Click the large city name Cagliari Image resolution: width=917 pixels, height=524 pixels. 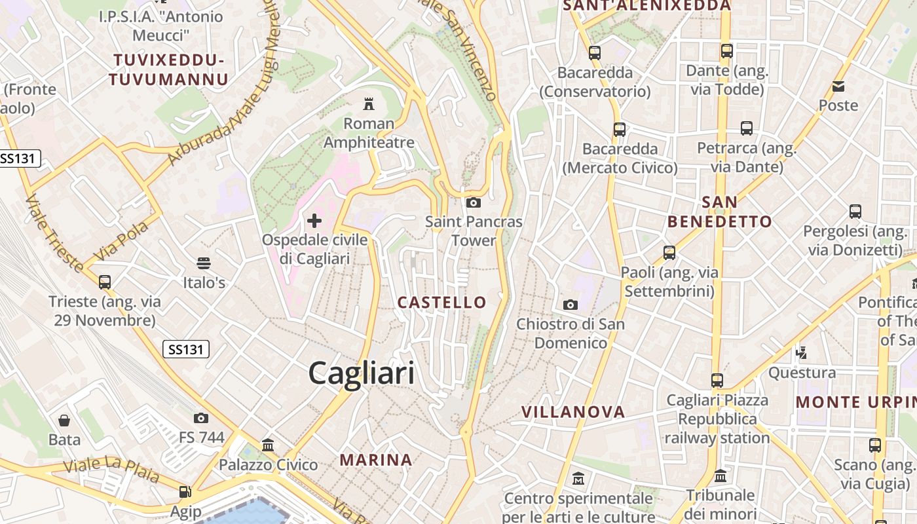pos(361,373)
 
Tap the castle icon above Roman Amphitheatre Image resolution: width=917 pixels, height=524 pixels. pos(369,103)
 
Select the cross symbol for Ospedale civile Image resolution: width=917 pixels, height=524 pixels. pos(314,221)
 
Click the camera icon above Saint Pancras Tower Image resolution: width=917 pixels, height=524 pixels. pos(474,202)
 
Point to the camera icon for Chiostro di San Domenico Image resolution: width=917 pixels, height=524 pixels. pos(571,305)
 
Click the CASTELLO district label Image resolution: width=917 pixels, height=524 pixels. pos(442,302)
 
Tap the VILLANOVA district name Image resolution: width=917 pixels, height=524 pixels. pos(573,412)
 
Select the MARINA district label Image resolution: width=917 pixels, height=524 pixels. pos(376,460)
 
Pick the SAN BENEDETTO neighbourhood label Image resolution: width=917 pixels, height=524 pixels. pos(719,212)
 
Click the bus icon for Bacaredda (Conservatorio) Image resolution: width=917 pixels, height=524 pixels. pos(595,53)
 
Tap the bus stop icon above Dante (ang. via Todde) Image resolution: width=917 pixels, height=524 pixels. pos(727,51)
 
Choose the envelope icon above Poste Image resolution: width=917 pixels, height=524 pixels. pos(838,86)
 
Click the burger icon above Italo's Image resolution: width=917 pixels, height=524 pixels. pos(204,263)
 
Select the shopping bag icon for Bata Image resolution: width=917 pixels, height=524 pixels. pos(64,420)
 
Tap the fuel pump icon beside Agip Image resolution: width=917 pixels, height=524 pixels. pos(186,491)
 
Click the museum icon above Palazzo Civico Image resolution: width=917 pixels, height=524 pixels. pos(268,445)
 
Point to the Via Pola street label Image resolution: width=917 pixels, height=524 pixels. pos(121,241)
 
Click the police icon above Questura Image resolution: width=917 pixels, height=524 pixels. pos(801,353)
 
